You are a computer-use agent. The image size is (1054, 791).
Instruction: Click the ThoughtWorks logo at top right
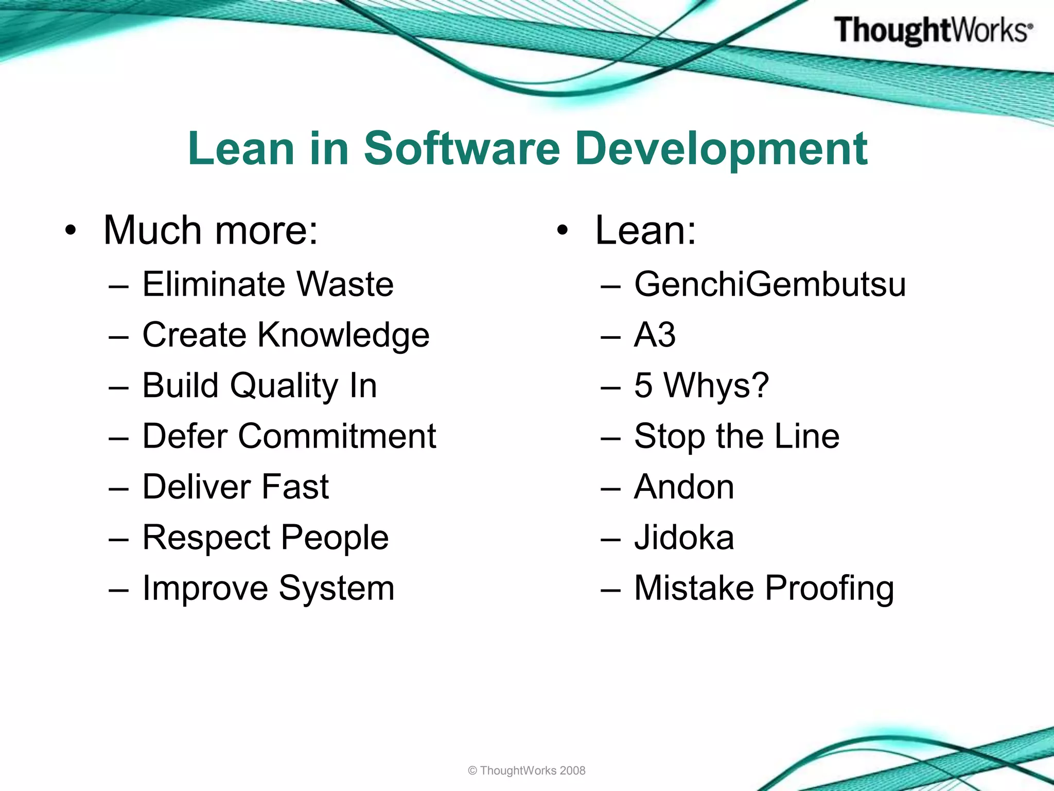coord(933,30)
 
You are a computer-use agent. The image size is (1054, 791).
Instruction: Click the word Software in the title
coord(462,148)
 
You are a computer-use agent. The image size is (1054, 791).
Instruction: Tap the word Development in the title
coord(722,149)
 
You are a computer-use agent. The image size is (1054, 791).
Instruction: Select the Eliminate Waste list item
coord(268,284)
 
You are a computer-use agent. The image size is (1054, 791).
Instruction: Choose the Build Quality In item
coord(259,385)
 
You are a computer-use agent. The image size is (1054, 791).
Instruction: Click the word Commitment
coord(337,436)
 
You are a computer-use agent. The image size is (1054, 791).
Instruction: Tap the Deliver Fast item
coord(235,487)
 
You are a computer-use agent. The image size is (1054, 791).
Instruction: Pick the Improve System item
coord(268,588)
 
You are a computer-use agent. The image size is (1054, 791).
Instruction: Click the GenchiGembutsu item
coord(769,284)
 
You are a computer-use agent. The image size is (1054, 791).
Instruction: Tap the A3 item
coord(654,335)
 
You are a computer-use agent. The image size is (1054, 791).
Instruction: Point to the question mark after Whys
coord(759,385)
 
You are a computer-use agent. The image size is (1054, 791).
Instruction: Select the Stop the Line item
coord(736,436)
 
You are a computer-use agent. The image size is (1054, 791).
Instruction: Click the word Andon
coord(683,487)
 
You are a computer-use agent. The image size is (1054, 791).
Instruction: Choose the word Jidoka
coord(683,537)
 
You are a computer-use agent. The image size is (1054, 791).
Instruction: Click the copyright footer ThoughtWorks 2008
coord(526,770)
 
